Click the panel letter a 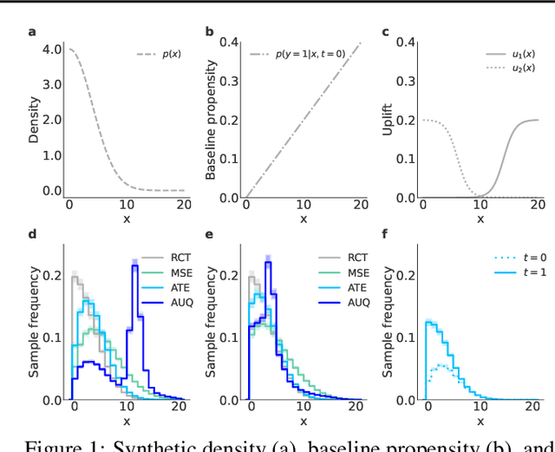(32, 33)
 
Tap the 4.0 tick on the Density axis (52, 49)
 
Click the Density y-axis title (33, 122)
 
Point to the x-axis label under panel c (480, 219)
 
